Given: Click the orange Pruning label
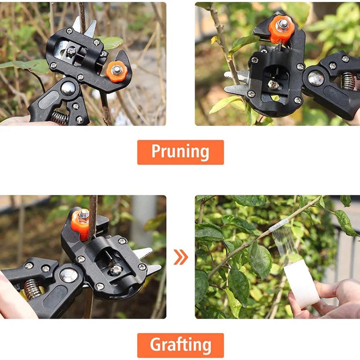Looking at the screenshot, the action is coord(180,152).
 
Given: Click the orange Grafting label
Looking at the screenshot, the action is coord(180,345).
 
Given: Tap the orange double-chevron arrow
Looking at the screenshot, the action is coord(181,257).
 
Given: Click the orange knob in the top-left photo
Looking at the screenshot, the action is coord(117,72).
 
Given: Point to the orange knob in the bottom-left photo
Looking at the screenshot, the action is coord(81,224).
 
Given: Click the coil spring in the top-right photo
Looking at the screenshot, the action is coord(347,81).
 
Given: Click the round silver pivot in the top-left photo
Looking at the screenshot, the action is coord(68,88).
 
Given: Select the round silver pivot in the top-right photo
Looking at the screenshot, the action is coord(316,78).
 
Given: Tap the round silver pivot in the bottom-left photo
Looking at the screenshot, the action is coord(69,275).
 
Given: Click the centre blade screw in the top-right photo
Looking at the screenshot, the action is coord(273,85).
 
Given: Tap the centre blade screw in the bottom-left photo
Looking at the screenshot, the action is coord(116,270).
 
